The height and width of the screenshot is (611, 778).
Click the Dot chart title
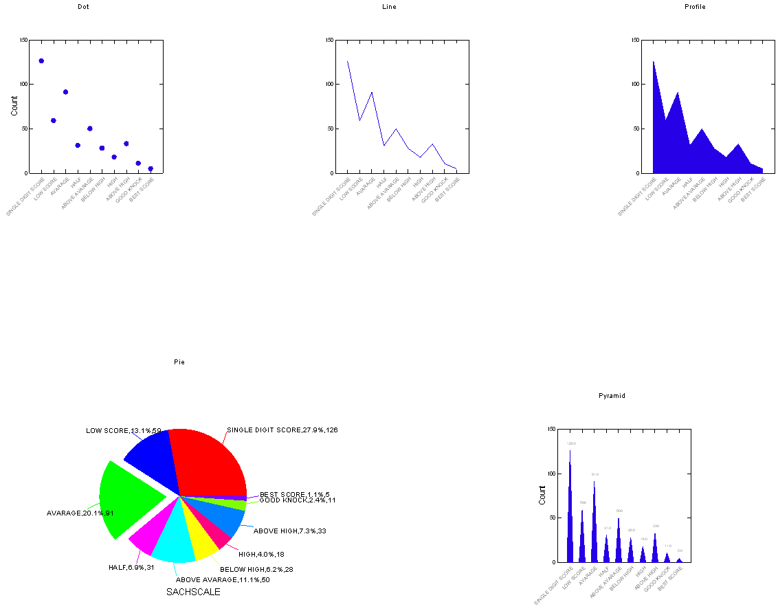(x=83, y=7)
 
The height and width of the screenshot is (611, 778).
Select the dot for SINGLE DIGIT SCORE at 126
(x=41, y=61)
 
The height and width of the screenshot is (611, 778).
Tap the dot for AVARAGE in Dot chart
(x=65, y=92)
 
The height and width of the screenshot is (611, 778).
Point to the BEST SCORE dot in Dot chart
(x=151, y=168)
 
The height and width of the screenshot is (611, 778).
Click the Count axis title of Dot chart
(x=14, y=106)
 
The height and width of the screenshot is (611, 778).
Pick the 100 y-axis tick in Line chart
(x=329, y=85)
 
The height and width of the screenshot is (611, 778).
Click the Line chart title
(x=389, y=7)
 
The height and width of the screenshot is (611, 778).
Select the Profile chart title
(x=695, y=7)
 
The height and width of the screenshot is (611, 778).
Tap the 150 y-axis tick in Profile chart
(x=635, y=40)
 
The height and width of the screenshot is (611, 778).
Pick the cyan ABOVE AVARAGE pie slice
(x=173, y=543)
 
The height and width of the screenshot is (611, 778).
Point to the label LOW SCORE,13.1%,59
(x=124, y=431)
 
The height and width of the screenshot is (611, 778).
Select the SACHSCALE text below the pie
(x=193, y=592)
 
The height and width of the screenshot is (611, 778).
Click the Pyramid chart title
(x=612, y=396)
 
